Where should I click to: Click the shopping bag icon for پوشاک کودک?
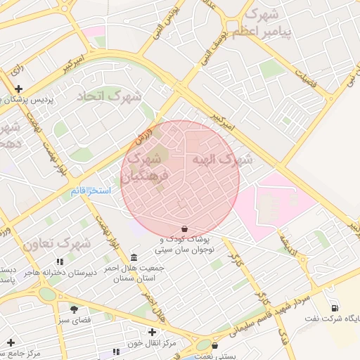(x=184, y=229)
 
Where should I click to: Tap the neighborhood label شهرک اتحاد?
(x=109, y=96)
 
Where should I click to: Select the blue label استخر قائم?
(x=89, y=191)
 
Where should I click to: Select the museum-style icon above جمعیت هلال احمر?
(x=134, y=257)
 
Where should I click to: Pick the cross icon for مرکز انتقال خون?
(x=152, y=332)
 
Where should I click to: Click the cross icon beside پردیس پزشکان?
(x=19, y=89)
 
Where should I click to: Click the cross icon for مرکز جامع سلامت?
(x=11, y=342)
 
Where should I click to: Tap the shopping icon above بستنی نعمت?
(x=214, y=345)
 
